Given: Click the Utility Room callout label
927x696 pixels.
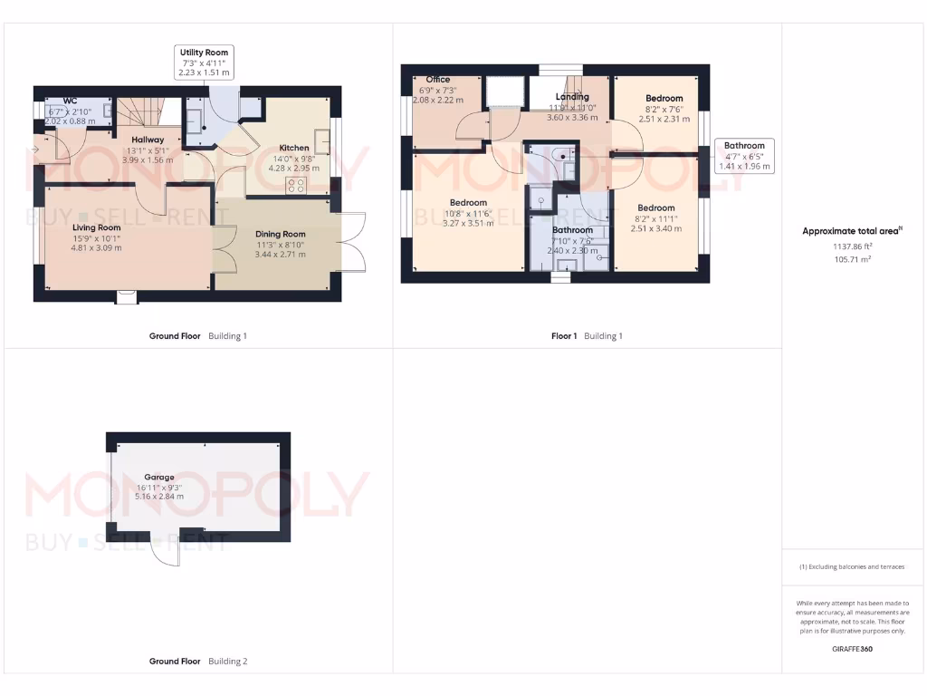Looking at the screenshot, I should pos(204,62).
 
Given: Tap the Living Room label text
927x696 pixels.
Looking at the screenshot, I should pos(97,227).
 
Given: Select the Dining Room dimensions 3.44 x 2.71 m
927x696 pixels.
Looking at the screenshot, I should pos(280,255).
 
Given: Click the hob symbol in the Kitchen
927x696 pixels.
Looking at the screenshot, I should pos(296,185).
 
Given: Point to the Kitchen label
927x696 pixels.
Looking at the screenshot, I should pos(294,148).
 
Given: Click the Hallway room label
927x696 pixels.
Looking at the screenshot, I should pos(147,140).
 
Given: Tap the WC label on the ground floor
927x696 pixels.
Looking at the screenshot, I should pos(70,101).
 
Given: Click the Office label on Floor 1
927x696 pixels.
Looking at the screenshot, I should pos(437,80).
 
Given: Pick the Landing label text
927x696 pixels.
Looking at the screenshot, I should pos(572,97).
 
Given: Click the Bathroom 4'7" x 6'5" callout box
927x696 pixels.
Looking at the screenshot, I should pos(744,156).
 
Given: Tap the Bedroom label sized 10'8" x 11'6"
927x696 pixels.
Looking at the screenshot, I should pos(468,203).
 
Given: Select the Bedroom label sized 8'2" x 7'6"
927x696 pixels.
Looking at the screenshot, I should pos(664,98).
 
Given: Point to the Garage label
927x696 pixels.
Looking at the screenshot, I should pos(158,477).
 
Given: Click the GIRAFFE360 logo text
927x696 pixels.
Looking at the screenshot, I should pos(851,649).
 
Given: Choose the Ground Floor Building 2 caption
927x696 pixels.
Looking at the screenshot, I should pos(197,662).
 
